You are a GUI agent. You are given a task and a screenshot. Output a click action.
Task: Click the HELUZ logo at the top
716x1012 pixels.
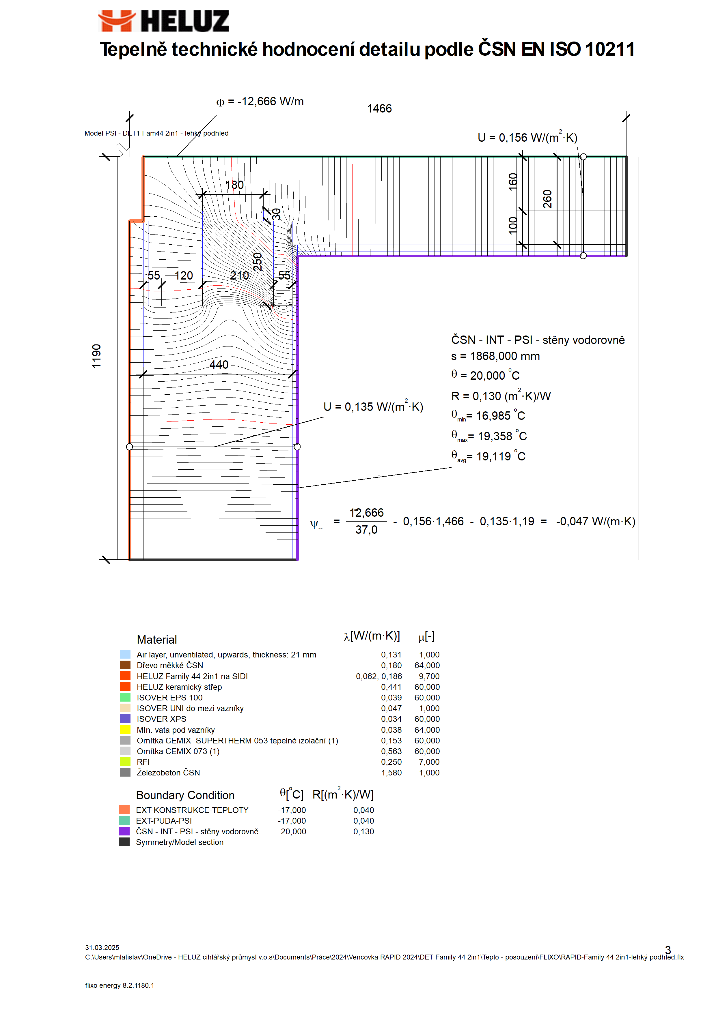point(163,21)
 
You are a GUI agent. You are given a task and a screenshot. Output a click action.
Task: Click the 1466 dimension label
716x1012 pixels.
point(379,108)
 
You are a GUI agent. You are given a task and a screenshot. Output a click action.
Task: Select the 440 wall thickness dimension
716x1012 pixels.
point(219,365)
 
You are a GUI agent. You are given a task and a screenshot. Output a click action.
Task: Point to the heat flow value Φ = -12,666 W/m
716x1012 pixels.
point(260,102)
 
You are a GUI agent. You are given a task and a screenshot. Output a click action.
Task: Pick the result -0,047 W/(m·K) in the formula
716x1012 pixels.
point(596,521)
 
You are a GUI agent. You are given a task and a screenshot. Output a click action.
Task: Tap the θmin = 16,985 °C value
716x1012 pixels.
point(488,415)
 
